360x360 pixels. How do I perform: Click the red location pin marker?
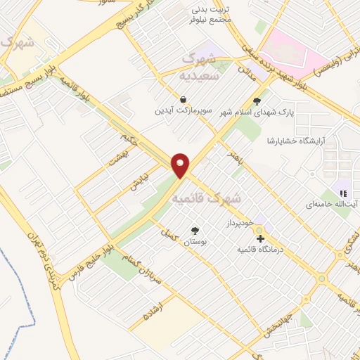pos(181,165)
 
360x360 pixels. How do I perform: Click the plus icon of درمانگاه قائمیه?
pos(261,239)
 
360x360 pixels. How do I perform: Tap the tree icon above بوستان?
pos(195,230)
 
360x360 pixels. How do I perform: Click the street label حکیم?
pos(127,131)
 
